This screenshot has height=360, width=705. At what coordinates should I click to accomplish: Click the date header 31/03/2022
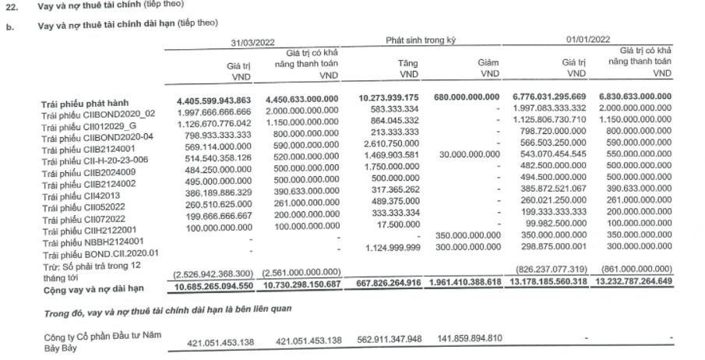click(x=252, y=42)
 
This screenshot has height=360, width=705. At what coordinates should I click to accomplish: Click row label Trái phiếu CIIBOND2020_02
click(x=98, y=114)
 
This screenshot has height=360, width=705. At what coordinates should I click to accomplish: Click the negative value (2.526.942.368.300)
click(x=210, y=272)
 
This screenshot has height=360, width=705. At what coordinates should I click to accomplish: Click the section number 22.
click(x=12, y=5)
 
